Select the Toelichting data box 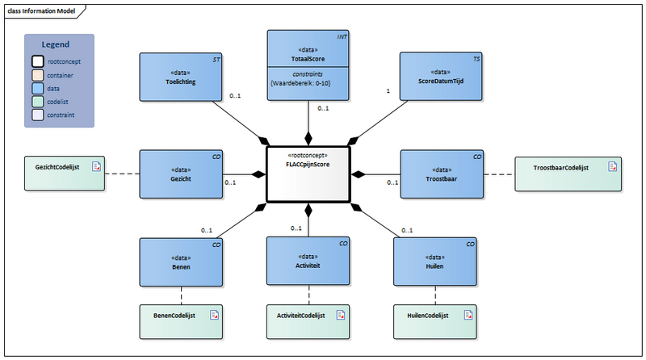point(180,77)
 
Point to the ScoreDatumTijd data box point(441,77)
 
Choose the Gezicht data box point(180,174)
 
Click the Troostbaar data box point(441,174)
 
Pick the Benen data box point(180,262)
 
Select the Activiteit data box point(308,262)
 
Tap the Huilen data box point(434,262)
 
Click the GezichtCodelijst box point(65,174)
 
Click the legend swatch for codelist point(39,102)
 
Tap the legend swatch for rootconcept point(39,61)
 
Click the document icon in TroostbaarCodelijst point(612,167)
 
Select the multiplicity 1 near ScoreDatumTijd point(388,91)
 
